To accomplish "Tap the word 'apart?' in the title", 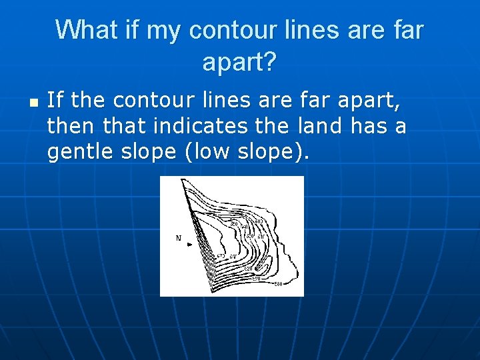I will (239, 63).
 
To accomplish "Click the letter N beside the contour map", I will (178, 238).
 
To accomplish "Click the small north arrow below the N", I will (190, 245).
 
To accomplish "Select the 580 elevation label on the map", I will (279, 284).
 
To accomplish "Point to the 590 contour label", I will (257, 277).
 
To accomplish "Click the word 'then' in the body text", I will (65, 127).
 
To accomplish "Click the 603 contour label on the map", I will (259, 221).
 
